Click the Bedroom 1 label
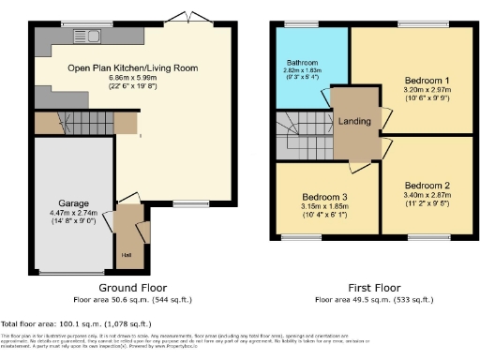427,80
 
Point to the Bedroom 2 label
427,185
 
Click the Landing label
354,119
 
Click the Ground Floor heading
127,289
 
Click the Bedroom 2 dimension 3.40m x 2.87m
427,195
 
